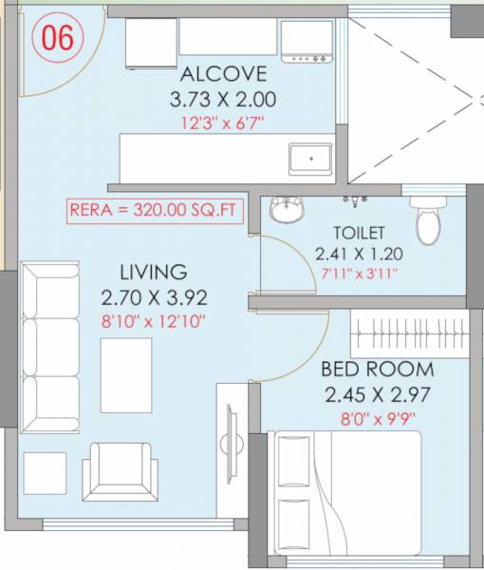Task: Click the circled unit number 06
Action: coord(59,37)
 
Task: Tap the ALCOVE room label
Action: coord(223,74)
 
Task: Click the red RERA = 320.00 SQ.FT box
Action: coord(157,210)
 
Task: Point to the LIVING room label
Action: coord(152,273)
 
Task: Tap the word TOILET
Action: coord(358,232)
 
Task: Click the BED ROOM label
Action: coord(376,370)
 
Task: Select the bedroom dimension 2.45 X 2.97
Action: coord(376,393)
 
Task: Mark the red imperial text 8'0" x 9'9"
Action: coord(376,416)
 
